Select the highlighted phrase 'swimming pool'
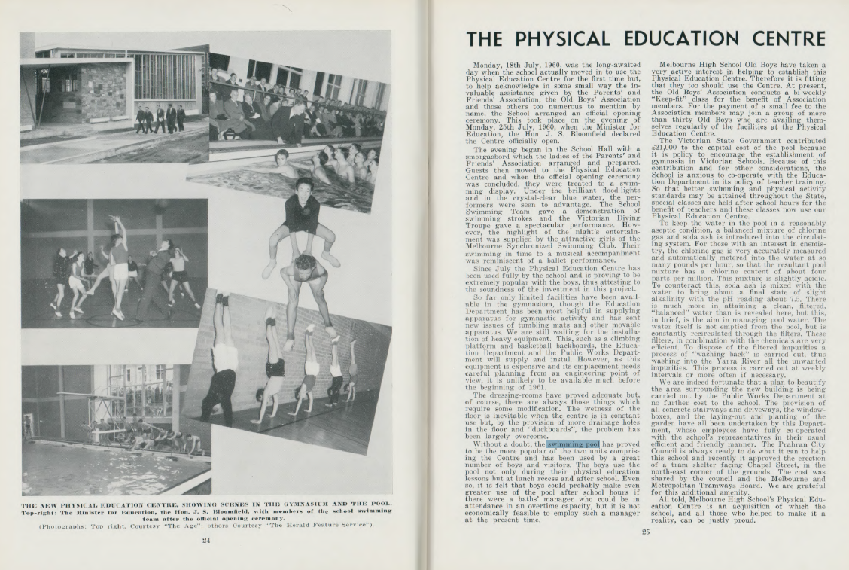coord(574,444)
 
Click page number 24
coord(206,538)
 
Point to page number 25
coord(645,532)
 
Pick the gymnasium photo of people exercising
coord(113,264)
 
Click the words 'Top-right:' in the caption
coord(41,511)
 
